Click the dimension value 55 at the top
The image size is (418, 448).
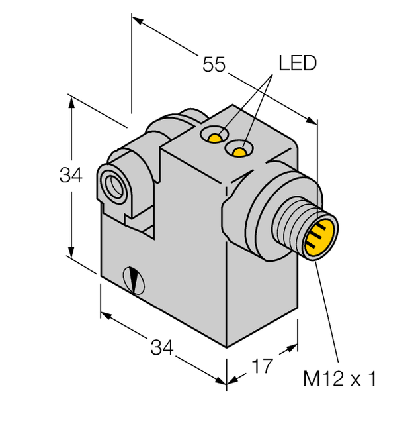pyautogui.click(x=214, y=65)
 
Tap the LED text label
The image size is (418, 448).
pyautogui.click(x=297, y=64)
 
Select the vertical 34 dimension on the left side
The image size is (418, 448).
pyautogui.click(x=71, y=176)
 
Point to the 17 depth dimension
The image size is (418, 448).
pyautogui.click(x=263, y=365)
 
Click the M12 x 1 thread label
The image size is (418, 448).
pyautogui.click(x=340, y=379)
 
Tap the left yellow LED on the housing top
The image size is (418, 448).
pyautogui.click(x=214, y=138)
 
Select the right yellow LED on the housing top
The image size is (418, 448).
pyautogui.click(x=239, y=152)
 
